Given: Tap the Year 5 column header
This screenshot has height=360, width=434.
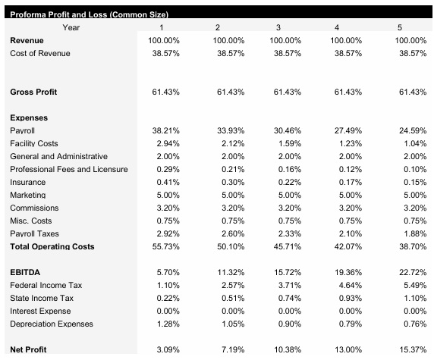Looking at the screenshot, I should (x=411, y=28).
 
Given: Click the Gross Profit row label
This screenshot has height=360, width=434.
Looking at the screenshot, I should (x=33, y=92).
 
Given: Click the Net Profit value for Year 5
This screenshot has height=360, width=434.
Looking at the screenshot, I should (x=411, y=349).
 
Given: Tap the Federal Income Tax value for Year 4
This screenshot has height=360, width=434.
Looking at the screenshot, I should (x=348, y=285).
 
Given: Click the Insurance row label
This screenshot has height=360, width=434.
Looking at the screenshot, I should (x=27, y=182).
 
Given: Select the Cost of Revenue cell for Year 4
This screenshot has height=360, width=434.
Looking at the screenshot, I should (x=348, y=54).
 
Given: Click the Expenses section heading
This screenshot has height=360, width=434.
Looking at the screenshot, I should (x=29, y=118).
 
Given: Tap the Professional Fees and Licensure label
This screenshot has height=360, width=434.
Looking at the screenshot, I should (x=69, y=169).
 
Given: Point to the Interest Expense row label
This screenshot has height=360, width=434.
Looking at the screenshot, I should (x=41, y=311).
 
